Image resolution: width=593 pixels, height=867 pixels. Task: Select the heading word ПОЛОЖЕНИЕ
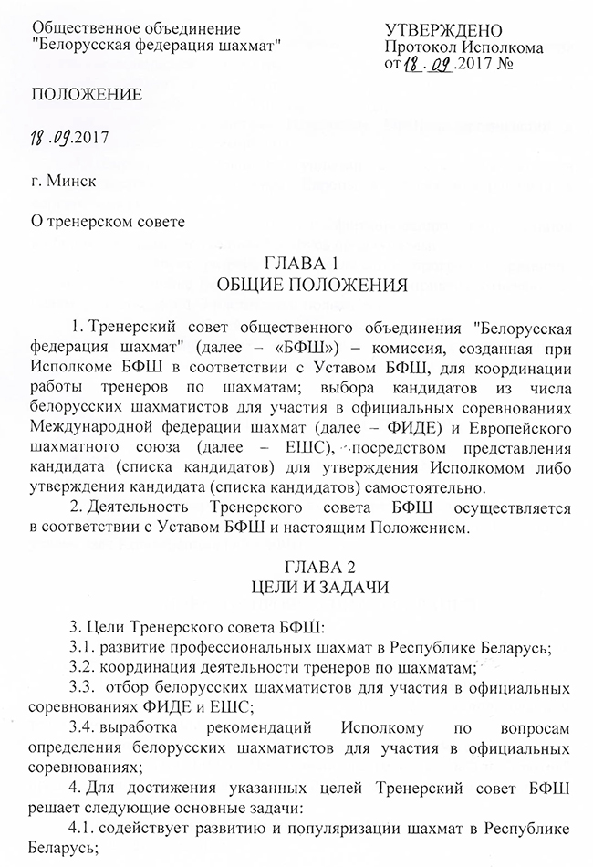87,94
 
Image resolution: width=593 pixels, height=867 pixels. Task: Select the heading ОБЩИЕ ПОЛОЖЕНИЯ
298,285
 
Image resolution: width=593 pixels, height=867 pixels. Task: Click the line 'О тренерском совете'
107,219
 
